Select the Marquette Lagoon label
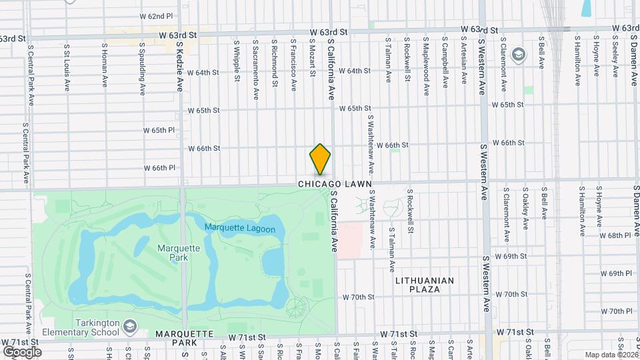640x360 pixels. (245, 227)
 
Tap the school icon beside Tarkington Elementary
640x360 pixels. (129, 326)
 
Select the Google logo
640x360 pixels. (22, 351)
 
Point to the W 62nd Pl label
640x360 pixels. (156, 15)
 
